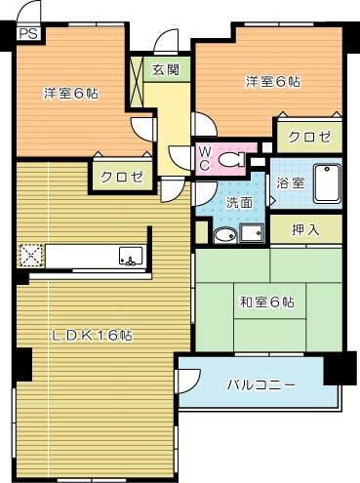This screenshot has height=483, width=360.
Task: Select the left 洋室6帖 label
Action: pyautogui.click(x=69, y=94)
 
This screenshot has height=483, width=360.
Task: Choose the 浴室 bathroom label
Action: pyautogui.click(x=291, y=181)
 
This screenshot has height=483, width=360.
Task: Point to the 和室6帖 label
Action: pyautogui.click(x=267, y=302)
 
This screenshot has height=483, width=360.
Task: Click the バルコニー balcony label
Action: pyautogui.click(x=261, y=384)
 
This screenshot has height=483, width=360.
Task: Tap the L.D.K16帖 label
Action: pyautogui.click(x=92, y=335)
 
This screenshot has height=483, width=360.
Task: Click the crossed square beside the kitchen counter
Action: pyautogui.click(x=30, y=257)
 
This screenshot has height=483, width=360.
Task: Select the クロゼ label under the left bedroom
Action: pyautogui.click(x=122, y=177)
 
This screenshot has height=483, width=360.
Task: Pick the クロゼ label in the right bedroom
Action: pyautogui.click(x=309, y=137)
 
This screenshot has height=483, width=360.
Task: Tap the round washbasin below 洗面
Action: pyautogui.click(x=224, y=234)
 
